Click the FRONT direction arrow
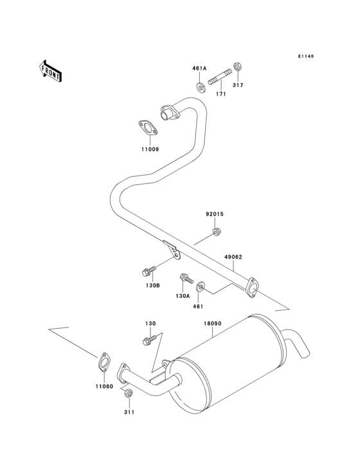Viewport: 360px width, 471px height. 51,70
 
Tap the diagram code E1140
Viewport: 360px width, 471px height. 305,57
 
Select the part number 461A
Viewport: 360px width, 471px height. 199,68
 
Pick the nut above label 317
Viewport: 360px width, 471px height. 237,66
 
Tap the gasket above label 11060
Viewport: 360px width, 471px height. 103,362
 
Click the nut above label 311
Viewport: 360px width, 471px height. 129,393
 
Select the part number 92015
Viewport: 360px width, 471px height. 215,216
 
